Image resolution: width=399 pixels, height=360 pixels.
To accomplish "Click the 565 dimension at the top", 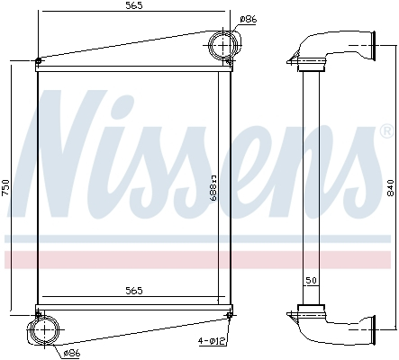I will (x=133, y=6).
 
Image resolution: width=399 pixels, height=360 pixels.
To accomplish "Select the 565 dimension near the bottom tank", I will (x=133, y=291).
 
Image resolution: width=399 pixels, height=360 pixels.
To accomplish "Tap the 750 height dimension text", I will (x=6, y=187).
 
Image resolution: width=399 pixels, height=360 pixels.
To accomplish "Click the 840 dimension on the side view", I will (x=389, y=187).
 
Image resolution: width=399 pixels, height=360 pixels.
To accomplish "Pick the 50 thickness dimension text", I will (x=310, y=281).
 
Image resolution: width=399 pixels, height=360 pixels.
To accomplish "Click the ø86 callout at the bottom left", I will (x=72, y=354).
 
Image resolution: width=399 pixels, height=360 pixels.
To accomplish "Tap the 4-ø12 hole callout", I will (x=213, y=341).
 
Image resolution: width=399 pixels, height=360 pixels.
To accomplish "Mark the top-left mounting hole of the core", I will (x=38, y=61).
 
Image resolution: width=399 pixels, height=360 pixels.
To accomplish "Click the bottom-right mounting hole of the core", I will (x=230, y=314).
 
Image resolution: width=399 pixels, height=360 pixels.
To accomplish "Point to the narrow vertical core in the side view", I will (x=311, y=180).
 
